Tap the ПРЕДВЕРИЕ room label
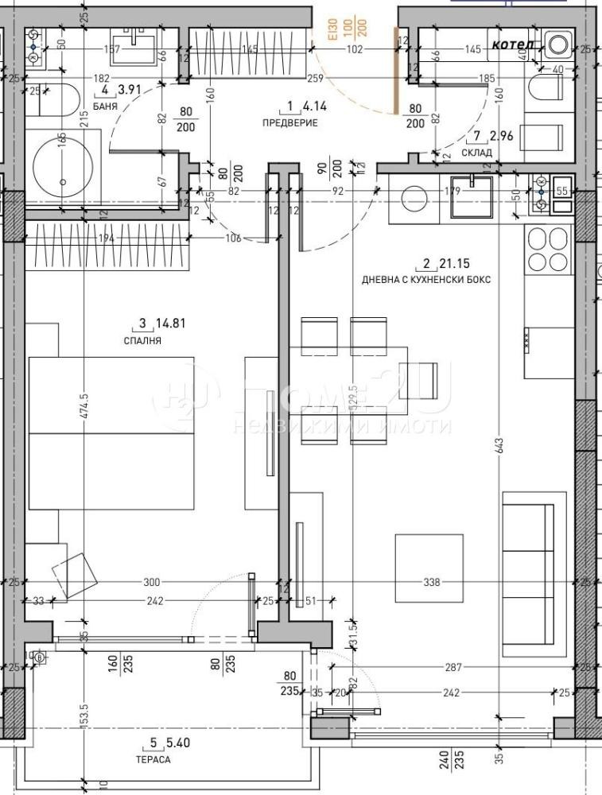pos(290,122)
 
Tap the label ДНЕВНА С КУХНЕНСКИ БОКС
pos(426,280)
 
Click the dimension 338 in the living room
pos(432,582)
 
